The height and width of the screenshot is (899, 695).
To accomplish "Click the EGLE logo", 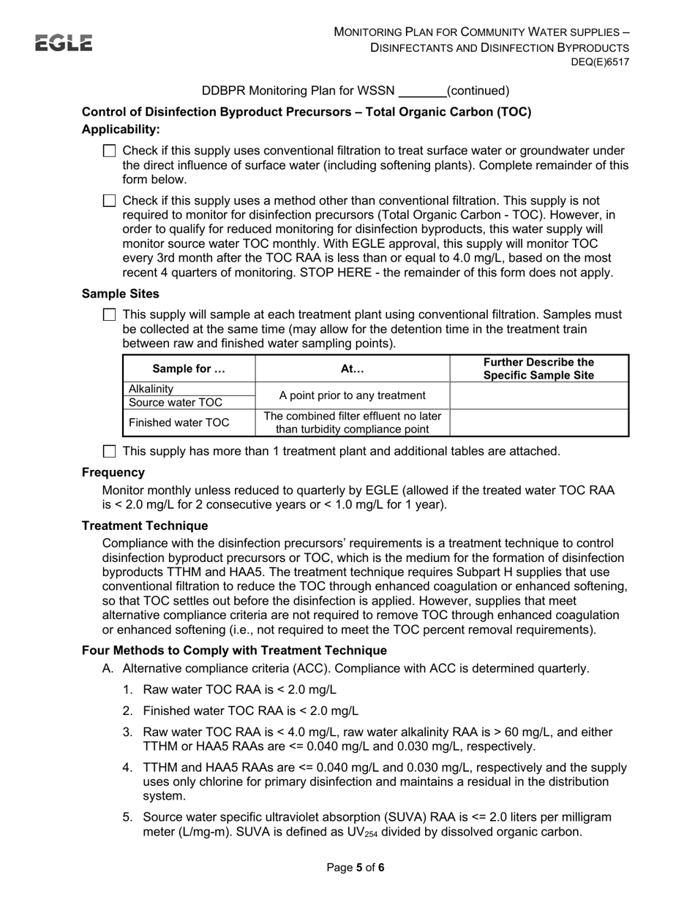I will [x=64, y=43].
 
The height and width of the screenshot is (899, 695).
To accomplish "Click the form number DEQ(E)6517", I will [x=600, y=62].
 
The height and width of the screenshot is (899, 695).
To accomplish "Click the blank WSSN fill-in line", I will [x=421, y=92].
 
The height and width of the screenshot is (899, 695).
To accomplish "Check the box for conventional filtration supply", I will [x=110, y=151].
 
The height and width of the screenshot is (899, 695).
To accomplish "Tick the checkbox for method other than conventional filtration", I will [x=110, y=201].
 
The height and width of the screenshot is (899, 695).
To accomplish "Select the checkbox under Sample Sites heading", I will [x=110, y=315].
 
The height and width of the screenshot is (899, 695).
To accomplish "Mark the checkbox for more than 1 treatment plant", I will [x=110, y=452].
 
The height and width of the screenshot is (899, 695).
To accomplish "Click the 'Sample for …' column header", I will [x=189, y=369].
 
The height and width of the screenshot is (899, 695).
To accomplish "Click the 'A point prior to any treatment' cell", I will [x=353, y=395].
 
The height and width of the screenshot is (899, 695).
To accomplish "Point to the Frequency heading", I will [x=113, y=473].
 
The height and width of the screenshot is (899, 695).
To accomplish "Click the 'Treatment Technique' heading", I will [x=145, y=526].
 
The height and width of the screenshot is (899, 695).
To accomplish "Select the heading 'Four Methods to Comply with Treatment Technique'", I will [x=234, y=650].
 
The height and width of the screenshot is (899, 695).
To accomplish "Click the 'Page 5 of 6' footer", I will [x=355, y=868].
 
